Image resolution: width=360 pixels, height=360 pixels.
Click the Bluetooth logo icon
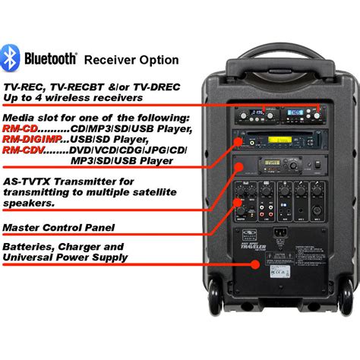(10, 58)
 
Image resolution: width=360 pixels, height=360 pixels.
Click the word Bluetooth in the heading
(50, 58)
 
